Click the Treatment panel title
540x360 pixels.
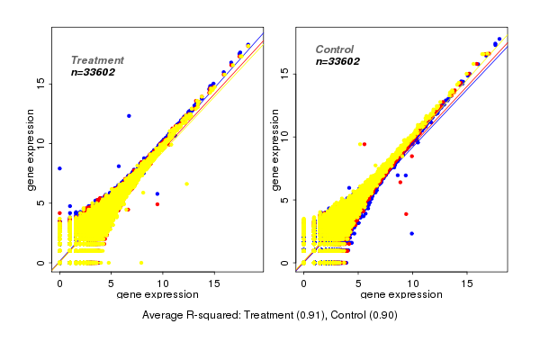pos(97,60)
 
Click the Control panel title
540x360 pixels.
pos(334,49)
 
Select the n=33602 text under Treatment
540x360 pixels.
pos(93,72)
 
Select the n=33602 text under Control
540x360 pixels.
pos(337,62)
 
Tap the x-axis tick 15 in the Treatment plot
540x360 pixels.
pos(213,283)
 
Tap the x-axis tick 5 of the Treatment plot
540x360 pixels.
pos(111,283)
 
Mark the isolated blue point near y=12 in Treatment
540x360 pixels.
pos(129,116)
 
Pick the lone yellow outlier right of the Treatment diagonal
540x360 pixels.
pos(186,184)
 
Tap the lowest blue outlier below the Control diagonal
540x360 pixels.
pos(412,233)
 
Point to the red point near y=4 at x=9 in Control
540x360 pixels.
pos(406,214)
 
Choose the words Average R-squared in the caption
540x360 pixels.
pos(186,316)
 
